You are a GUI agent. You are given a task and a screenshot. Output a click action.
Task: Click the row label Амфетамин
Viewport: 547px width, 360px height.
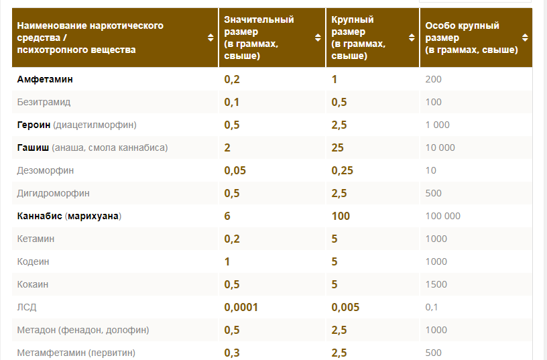click(45, 79)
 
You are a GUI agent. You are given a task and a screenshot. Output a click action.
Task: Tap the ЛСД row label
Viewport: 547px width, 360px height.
click(27, 307)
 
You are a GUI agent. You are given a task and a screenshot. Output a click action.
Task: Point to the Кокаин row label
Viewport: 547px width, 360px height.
click(33, 284)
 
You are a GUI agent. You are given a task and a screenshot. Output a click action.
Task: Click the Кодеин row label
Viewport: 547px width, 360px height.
click(33, 261)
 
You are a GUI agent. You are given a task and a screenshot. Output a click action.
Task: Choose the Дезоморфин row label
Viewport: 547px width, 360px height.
click(46, 170)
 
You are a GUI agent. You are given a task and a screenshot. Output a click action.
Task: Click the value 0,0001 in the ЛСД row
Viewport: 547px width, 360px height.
click(241, 307)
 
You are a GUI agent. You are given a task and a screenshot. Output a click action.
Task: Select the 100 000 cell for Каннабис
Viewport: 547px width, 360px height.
click(442, 216)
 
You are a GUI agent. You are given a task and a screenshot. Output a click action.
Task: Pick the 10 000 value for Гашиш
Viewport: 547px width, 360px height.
click(440, 147)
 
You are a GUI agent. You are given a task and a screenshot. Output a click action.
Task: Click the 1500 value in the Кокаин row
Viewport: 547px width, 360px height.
click(436, 284)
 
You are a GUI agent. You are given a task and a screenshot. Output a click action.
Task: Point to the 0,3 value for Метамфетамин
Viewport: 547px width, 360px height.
click(231, 353)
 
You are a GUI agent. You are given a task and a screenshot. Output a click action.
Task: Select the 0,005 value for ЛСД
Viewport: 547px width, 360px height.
click(345, 307)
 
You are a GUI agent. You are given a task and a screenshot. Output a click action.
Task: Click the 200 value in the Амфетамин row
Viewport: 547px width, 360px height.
click(433, 79)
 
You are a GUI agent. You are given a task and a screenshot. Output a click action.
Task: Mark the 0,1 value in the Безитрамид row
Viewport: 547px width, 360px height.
click(231, 102)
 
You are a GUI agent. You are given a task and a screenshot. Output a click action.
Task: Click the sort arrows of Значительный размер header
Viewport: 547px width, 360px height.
click(318, 38)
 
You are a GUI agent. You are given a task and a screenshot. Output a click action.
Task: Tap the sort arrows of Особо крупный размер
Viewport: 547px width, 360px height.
click(526, 38)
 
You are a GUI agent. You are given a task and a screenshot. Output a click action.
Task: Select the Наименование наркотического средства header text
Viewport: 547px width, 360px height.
click(90, 38)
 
